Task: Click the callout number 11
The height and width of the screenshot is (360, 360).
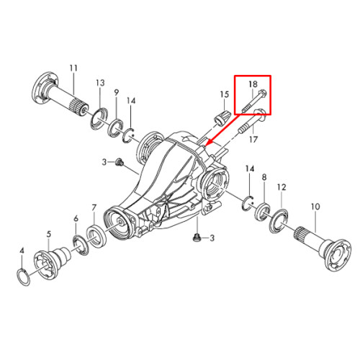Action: (73, 68)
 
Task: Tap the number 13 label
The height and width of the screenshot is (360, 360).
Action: (100, 83)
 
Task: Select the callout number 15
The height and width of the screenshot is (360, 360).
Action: (225, 94)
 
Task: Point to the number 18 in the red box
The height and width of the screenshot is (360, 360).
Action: (253, 84)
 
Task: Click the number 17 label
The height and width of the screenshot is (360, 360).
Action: (253, 139)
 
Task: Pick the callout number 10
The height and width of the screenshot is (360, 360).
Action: (315, 207)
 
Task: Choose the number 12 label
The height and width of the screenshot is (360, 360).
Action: (282, 187)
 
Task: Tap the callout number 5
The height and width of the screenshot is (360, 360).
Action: (49, 234)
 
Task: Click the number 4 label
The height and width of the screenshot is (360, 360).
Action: (22, 251)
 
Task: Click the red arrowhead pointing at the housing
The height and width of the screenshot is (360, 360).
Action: (207, 144)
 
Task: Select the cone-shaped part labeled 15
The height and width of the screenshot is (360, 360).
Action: (222, 119)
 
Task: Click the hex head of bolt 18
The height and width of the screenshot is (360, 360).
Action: (262, 93)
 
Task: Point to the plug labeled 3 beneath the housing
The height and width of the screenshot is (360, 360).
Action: (196, 238)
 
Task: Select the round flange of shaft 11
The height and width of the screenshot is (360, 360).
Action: (45, 87)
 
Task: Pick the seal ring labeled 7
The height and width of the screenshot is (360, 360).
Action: (96, 236)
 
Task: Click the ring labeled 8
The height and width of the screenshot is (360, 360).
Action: (262, 212)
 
